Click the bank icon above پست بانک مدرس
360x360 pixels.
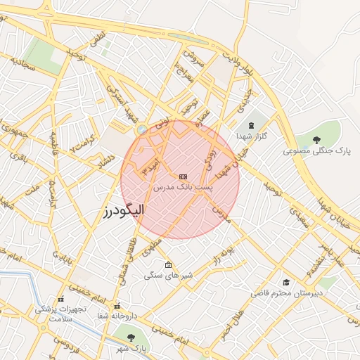tap(184, 176)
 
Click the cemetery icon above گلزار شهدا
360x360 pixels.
tap(251, 124)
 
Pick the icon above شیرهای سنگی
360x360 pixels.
tap(167, 265)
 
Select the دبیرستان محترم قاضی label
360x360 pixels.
tap(287, 292)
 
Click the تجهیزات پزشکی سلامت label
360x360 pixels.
tap(60, 313)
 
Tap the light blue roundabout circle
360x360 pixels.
tap(142, 129)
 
